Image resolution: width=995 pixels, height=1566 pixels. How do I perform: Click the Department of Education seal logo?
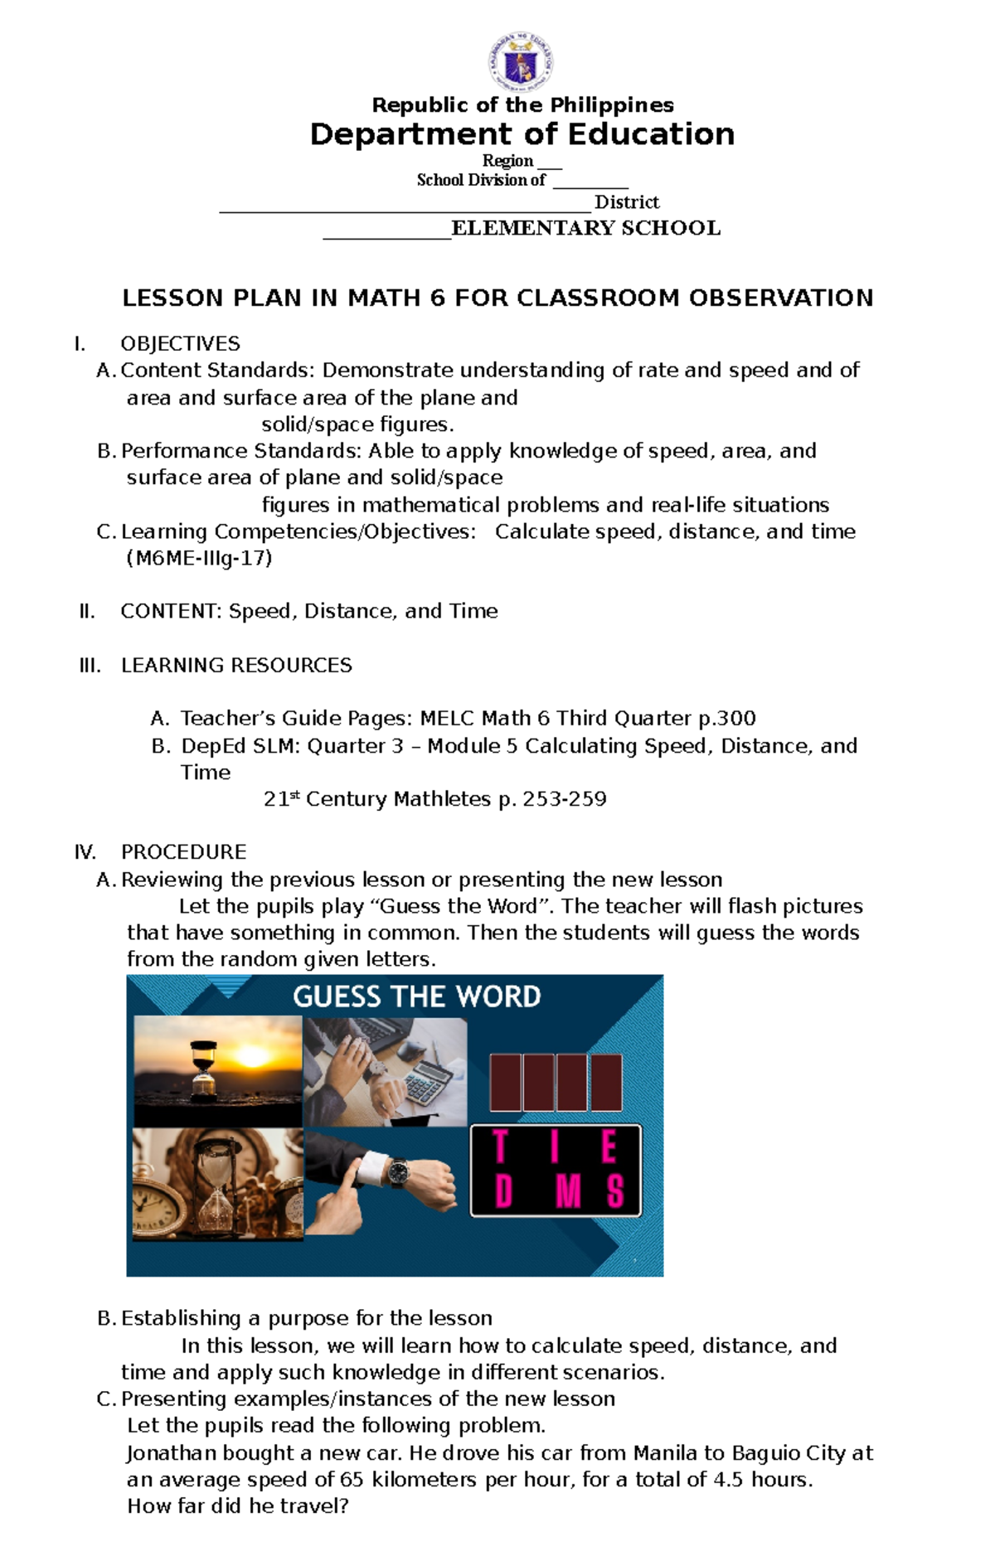coord(521,62)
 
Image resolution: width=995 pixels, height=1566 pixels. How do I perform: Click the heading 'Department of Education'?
coord(522,134)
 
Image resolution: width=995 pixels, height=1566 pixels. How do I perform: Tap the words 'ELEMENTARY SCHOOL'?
coord(585,228)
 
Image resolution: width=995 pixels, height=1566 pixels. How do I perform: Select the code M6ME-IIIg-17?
coord(199,558)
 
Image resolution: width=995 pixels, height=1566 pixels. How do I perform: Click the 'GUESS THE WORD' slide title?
coord(416,996)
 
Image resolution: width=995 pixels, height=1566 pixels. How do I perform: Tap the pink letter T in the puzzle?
coord(500,1147)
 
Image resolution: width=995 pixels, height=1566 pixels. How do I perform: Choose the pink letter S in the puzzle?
coord(614,1191)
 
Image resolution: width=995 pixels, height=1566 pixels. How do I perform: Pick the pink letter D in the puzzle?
coord(502,1191)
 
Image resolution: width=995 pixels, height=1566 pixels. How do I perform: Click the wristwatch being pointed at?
coord(399,1171)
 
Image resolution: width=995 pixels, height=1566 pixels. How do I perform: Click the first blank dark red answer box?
coord(505,1083)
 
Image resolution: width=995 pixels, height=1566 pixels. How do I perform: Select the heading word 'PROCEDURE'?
coord(183,852)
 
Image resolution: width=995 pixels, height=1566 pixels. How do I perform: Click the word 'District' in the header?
coord(627,202)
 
